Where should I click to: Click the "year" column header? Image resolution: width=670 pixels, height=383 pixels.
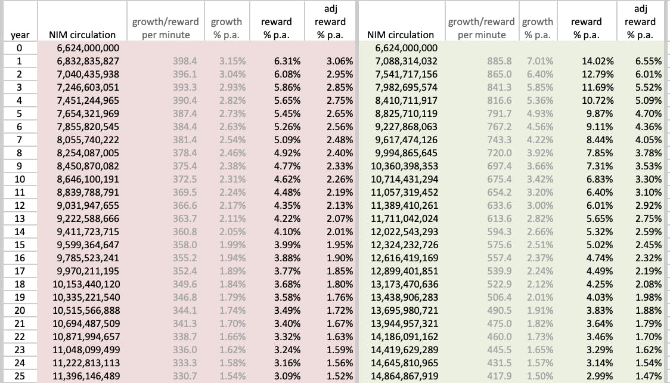[20, 35]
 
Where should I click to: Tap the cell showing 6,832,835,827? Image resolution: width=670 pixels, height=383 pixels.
[88, 61]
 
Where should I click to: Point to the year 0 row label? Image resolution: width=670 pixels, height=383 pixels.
[20, 48]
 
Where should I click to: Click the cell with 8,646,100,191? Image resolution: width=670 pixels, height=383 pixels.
[88, 179]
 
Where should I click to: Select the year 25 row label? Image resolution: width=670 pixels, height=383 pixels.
[20, 376]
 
